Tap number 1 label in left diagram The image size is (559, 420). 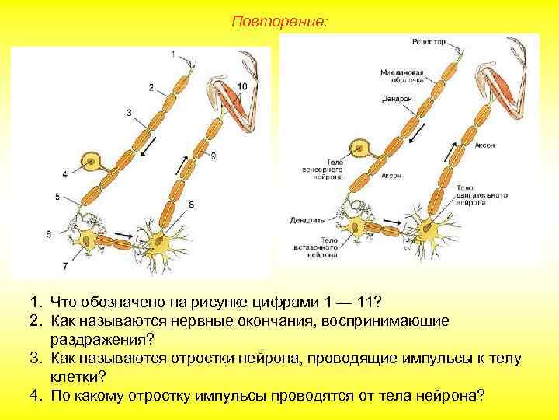coord(172,54)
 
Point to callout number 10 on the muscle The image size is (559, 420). coord(242,85)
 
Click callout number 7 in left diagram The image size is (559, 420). coord(64,266)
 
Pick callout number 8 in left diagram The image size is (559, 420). coord(191,204)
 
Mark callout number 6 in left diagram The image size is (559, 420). coord(49,233)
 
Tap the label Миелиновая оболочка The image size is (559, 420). coord(401,74)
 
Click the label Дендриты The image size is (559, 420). coord(307,219)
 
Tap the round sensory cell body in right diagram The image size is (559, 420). coord(360,146)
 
